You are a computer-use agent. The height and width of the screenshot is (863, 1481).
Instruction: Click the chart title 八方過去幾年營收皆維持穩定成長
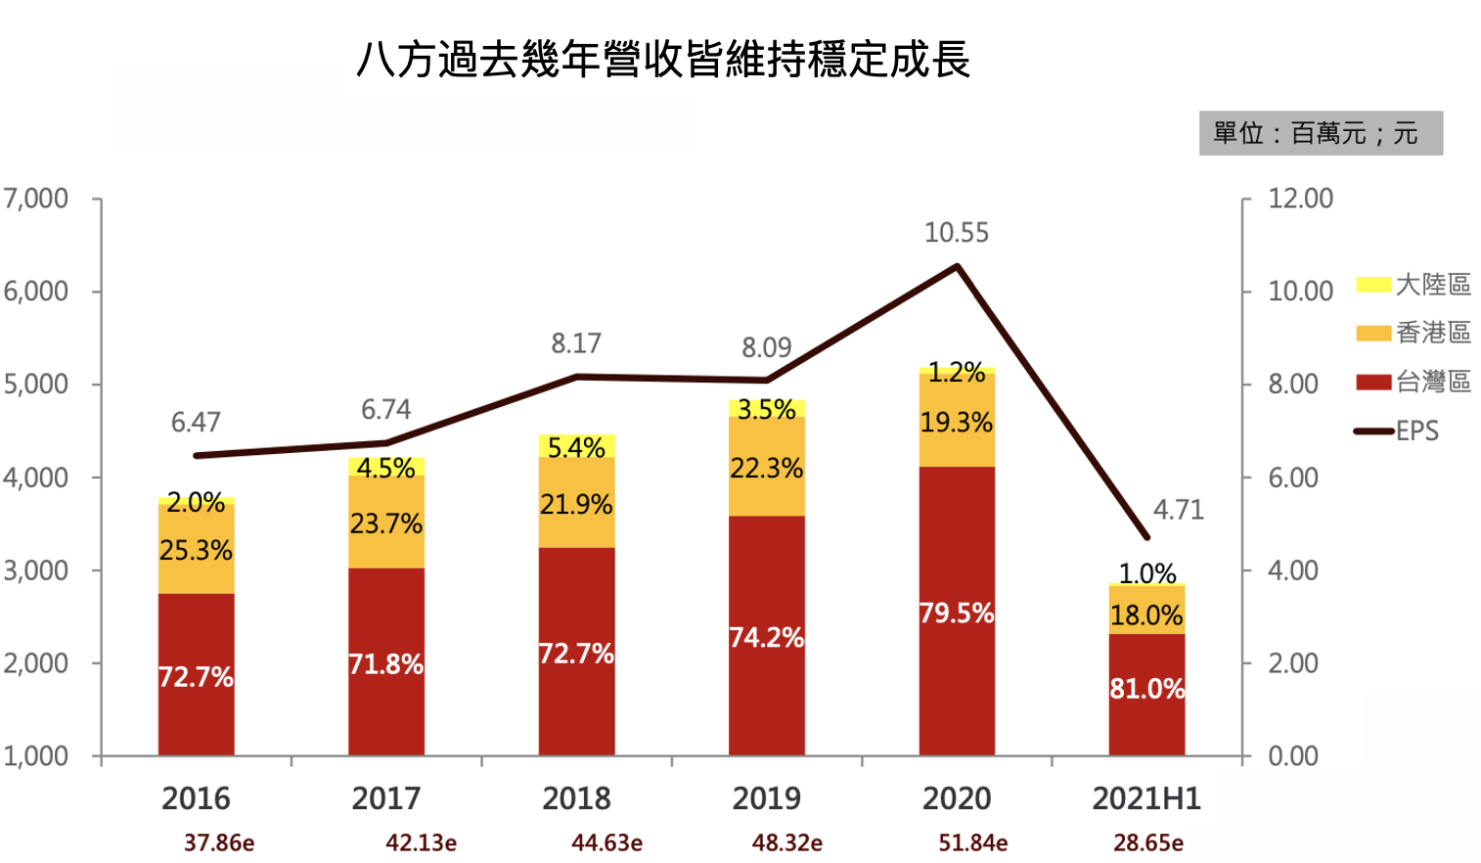click(663, 60)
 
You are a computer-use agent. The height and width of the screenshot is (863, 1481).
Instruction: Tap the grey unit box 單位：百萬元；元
click(1320, 133)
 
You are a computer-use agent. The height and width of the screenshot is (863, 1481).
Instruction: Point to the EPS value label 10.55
click(956, 233)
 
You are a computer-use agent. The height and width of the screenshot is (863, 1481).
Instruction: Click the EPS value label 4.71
click(1178, 510)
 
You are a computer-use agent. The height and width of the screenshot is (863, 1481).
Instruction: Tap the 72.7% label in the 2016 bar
click(196, 677)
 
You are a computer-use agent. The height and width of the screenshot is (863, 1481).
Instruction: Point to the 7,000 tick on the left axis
click(36, 199)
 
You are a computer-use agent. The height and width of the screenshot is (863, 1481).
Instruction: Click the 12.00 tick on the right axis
click(1300, 199)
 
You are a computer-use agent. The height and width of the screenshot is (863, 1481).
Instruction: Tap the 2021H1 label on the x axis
click(1145, 798)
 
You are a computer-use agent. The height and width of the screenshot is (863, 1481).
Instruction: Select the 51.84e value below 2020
click(972, 842)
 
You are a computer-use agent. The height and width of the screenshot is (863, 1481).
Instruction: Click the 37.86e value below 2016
click(219, 842)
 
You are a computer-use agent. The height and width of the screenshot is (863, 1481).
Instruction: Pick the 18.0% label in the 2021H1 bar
click(1146, 615)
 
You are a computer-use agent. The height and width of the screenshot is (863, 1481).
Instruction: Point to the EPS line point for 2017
click(386, 443)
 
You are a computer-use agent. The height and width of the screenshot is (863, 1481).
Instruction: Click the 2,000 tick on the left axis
click(36, 663)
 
